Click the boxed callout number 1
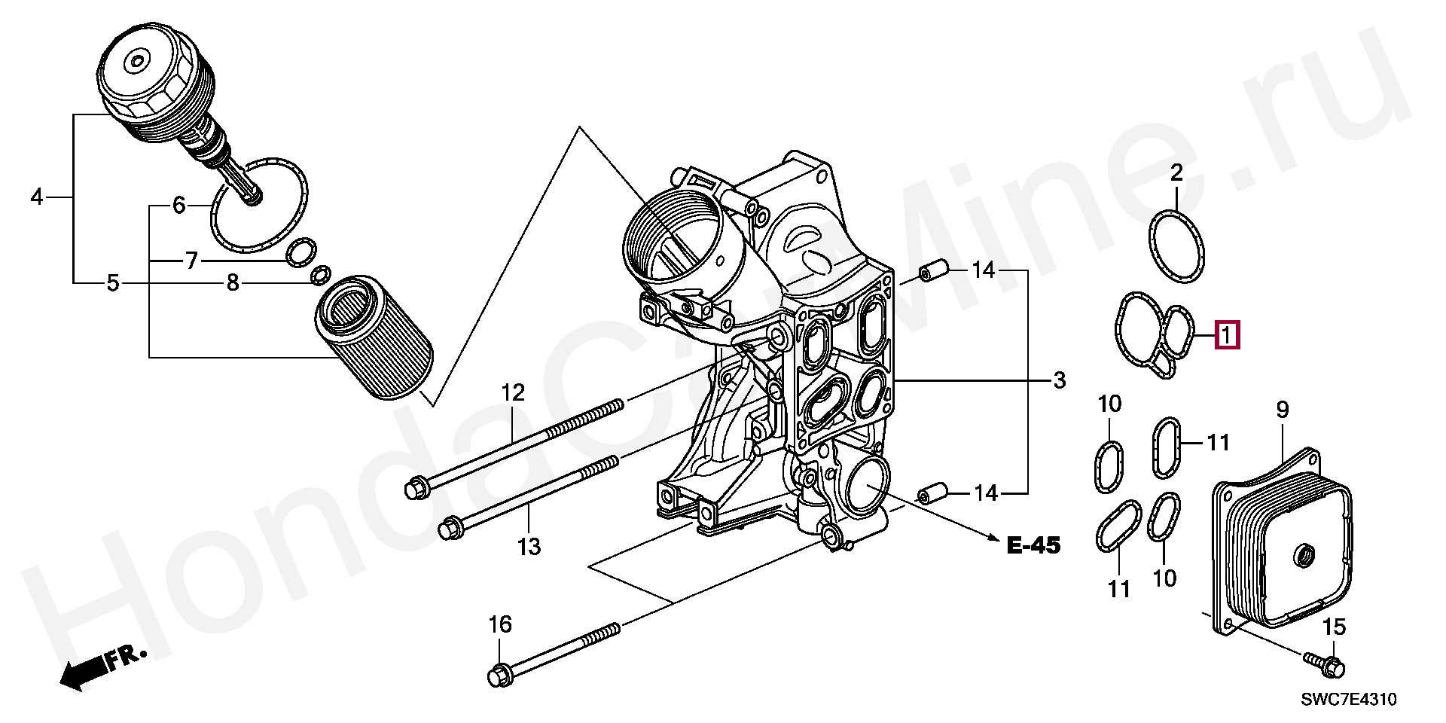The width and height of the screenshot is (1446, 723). (x=1228, y=335)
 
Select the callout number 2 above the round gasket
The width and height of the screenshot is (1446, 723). (x=1176, y=172)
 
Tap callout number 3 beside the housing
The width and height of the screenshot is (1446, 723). (x=1060, y=380)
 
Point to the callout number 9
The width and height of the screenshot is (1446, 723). (x=1283, y=410)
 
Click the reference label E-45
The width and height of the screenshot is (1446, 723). (x=1033, y=545)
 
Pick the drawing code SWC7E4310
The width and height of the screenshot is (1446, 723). (x=1349, y=700)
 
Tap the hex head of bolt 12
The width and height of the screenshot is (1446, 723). (x=416, y=489)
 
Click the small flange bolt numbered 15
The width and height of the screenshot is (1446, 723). (x=1325, y=664)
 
